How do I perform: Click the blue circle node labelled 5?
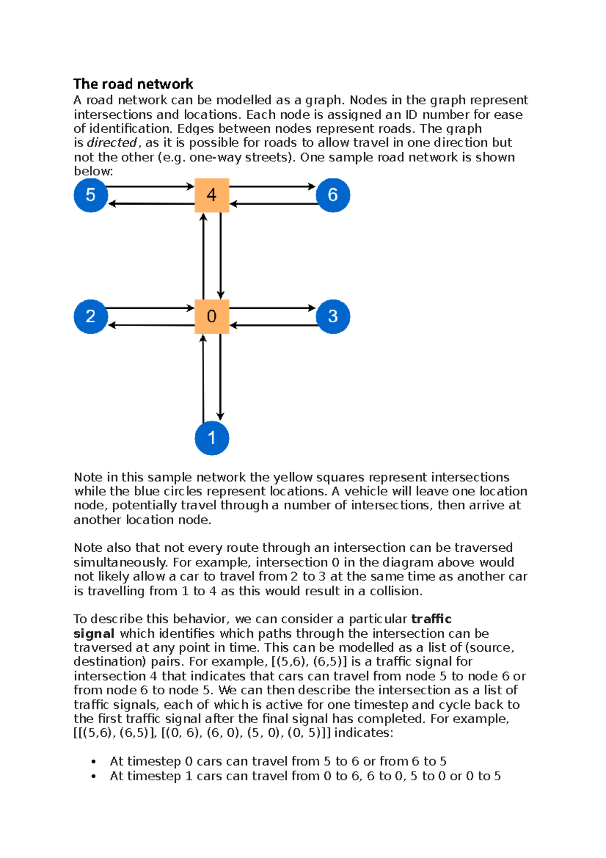pos(90,195)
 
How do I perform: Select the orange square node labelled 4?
pos(212,195)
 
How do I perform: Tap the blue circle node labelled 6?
pos(333,195)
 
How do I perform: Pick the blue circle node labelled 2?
pos(90,316)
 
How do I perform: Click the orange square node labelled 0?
pos(212,316)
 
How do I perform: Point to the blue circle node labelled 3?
pos(333,316)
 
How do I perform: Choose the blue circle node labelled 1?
pos(212,438)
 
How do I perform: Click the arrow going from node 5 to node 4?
pos(150,186)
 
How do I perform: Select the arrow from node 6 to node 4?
pos(273,204)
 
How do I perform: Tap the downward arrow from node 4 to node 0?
pos(221,255)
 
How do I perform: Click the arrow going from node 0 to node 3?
pos(273,308)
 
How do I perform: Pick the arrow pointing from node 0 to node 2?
pos(151,325)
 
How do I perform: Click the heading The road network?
pos(133,84)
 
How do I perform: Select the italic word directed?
pos(112,143)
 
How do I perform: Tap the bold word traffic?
pos(431,619)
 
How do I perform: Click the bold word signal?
pos(94,634)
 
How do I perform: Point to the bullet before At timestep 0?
pos(93,762)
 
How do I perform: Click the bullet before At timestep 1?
pos(93,777)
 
